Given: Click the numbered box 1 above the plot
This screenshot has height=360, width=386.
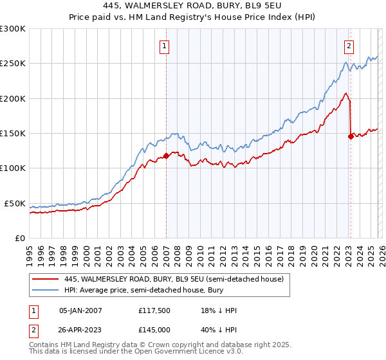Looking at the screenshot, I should pos(165,46).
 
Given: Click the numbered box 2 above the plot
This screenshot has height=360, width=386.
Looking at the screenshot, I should pos(349,46).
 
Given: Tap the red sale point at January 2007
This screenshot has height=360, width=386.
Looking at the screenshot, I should pos(166,156).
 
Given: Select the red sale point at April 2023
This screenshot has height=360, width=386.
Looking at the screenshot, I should pos(351,136).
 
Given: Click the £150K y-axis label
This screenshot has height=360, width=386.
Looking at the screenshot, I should pos(13,134).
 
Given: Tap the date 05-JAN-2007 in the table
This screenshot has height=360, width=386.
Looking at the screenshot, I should pos(80,310).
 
